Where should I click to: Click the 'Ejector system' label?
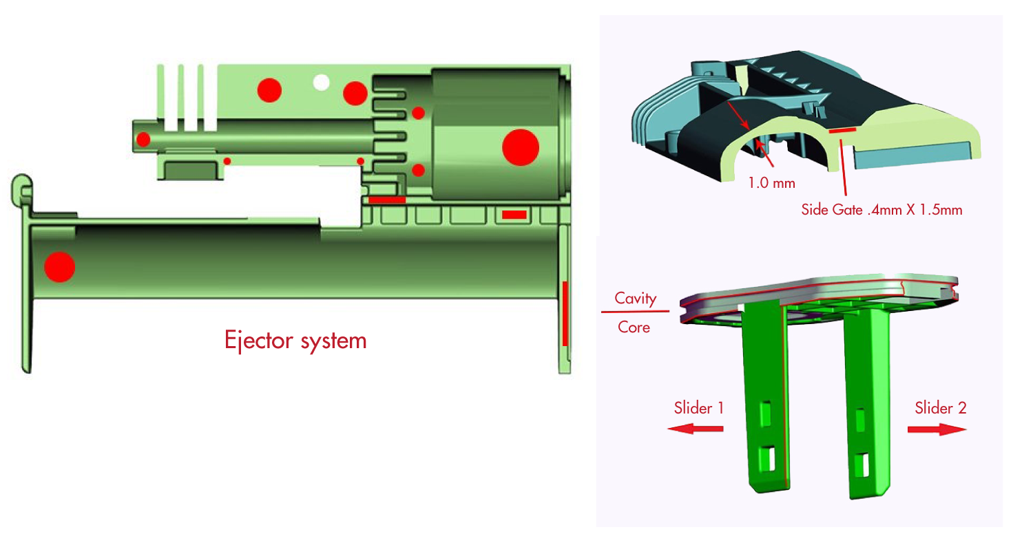pos(295,340)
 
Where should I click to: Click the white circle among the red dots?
pos(321,83)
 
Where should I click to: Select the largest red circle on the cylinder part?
pos(520,147)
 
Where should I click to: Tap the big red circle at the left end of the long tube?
pos(59,267)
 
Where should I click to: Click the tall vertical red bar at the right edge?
pos(565,313)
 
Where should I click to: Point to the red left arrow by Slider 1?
pos(696,429)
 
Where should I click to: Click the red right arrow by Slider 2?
pos(937,429)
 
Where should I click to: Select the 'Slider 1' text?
pos(698,408)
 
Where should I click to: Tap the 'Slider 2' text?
pos(940,408)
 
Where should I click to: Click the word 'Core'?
pos(634,328)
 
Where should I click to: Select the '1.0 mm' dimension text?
pos(771,184)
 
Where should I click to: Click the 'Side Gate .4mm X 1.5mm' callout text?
pos(881,210)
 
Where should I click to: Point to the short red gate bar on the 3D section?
pos(842,129)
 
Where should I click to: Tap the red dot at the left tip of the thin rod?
pos(143,140)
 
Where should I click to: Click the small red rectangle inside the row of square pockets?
pos(514,215)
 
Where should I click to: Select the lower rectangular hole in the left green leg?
pos(766,455)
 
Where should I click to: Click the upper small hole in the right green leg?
pos(859,417)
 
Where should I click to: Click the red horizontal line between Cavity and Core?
pos(635,312)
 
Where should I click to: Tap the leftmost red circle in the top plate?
pos(269,90)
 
